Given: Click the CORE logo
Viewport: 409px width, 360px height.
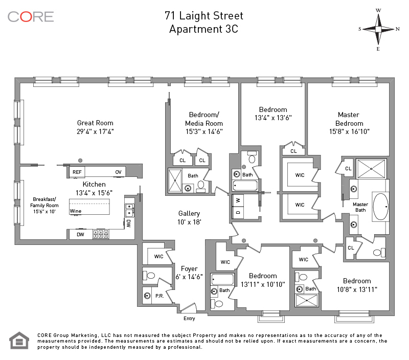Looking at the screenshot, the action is (x=31, y=17).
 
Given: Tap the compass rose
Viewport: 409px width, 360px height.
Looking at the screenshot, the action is (x=378, y=29).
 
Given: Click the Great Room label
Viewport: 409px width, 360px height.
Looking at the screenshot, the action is (x=95, y=127).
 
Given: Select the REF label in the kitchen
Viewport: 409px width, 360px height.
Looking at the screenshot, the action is (x=77, y=172).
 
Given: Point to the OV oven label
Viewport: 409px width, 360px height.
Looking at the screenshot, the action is (x=119, y=172).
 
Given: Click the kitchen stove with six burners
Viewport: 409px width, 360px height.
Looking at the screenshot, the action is (x=101, y=234).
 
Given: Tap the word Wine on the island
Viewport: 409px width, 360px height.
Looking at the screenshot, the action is (x=75, y=211).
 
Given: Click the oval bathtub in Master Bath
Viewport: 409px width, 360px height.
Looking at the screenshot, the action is (x=380, y=207).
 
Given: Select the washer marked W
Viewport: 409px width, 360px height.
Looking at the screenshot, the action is (x=238, y=200).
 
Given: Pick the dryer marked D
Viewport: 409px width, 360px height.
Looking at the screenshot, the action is (x=238, y=212).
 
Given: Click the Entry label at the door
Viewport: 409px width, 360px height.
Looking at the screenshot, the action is (x=189, y=319).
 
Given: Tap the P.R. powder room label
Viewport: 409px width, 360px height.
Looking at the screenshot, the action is (x=160, y=296).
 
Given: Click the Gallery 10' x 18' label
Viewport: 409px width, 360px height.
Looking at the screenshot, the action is (x=189, y=217).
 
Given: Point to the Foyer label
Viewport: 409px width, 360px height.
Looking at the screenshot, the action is (x=189, y=268).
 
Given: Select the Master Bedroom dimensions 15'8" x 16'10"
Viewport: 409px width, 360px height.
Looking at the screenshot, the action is (x=349, y=131).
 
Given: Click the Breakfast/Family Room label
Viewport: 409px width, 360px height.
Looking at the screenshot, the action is (x=44, y=205).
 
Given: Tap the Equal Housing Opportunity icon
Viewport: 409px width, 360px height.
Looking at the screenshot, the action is (x=19, y=341).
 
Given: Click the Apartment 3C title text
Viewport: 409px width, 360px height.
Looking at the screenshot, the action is (x=203, y=29).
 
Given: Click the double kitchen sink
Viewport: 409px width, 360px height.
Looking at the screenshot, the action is (x=130, y=210).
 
